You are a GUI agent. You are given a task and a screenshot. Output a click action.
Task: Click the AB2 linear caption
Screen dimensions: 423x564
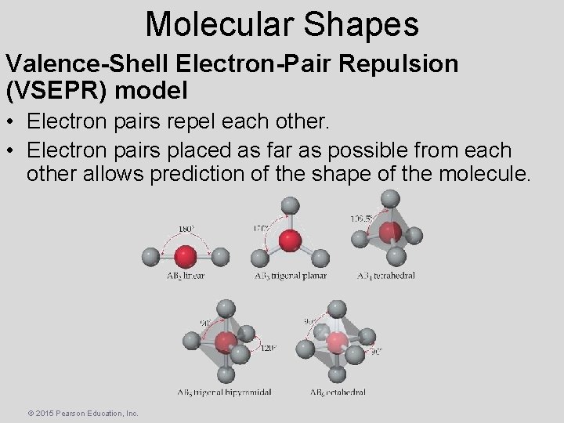(x=186, y=276)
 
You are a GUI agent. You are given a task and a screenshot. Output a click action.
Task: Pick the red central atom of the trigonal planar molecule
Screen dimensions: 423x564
(x=291, y=240)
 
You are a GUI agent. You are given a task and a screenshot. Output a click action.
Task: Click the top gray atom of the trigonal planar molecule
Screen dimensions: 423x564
(x=291, y=205)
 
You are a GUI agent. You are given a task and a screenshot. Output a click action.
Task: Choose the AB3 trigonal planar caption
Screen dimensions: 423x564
(x=291, y=276)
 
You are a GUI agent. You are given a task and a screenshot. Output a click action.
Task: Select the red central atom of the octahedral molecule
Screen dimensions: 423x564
(x=336, y=343)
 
